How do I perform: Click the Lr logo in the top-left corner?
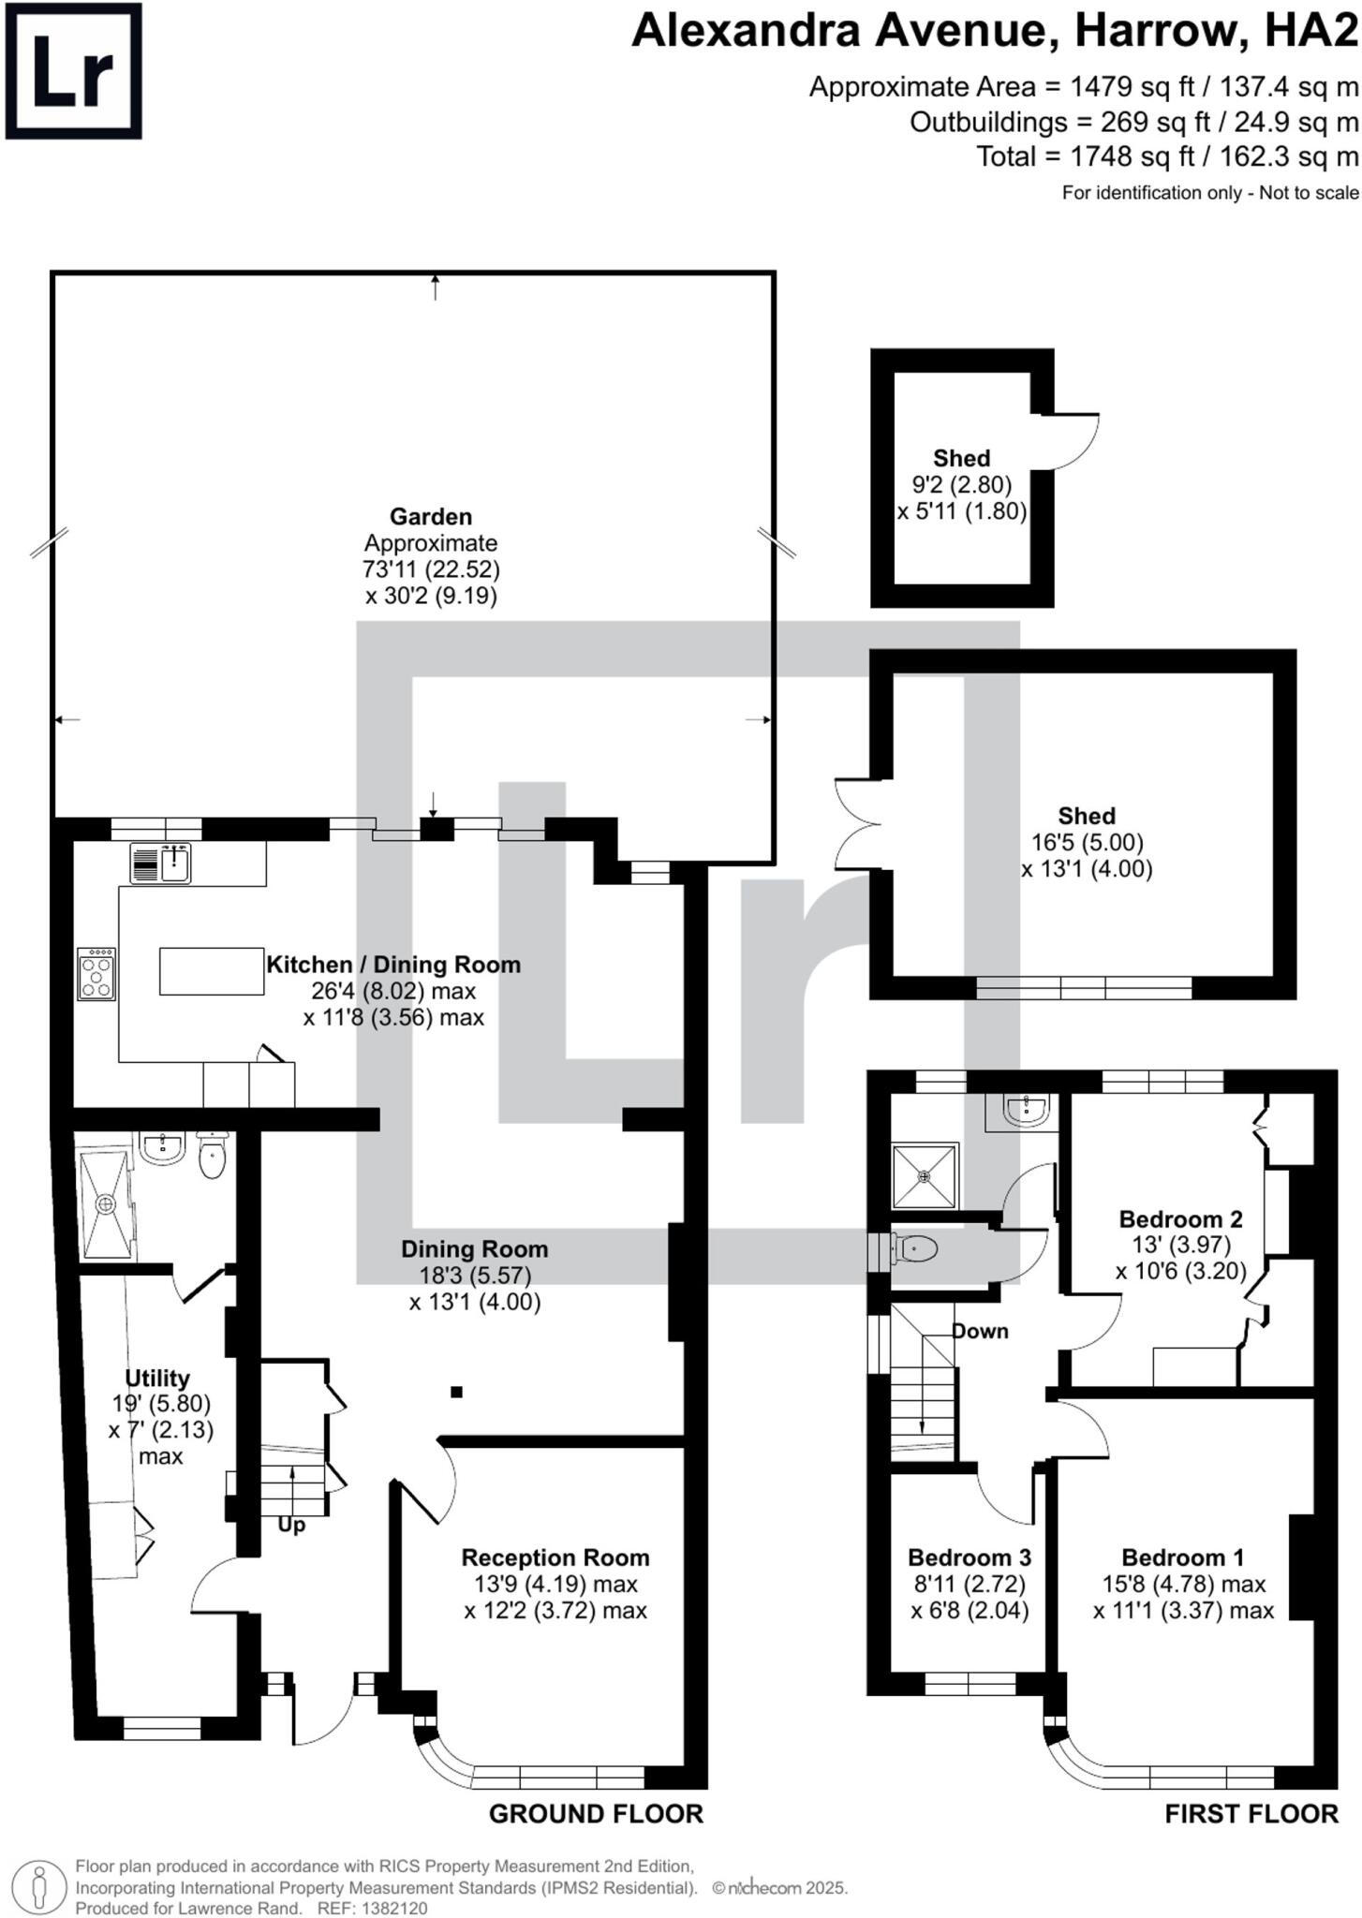73,71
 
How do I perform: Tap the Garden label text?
431,516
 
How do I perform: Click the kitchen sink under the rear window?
175,863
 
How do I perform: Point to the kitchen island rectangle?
211,971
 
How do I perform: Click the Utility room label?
157,1379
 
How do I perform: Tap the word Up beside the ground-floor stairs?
291,1525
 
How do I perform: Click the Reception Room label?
555,1557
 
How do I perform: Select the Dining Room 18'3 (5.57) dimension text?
475,1276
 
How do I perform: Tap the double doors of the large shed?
857,824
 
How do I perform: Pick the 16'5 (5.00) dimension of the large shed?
1087,842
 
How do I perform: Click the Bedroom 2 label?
1180,1219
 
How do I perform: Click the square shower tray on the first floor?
925,1175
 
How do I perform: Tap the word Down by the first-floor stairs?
980,1331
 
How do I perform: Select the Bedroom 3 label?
969,1557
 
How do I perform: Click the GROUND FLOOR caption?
596,1814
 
